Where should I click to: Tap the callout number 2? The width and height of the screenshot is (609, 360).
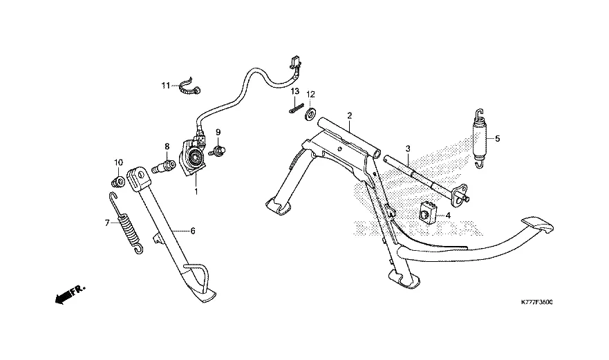tap(350, 115)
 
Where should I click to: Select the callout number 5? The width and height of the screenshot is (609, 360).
tap(496, 138)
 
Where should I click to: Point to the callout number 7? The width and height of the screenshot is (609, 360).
tap(107, 222)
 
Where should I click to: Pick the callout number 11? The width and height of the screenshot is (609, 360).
tap(166, 86)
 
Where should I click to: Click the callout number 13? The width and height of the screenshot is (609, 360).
tap(294, 91)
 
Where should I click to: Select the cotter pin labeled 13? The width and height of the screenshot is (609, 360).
tap(296, 108)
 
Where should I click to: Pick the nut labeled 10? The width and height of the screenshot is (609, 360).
tap(118, 182)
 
